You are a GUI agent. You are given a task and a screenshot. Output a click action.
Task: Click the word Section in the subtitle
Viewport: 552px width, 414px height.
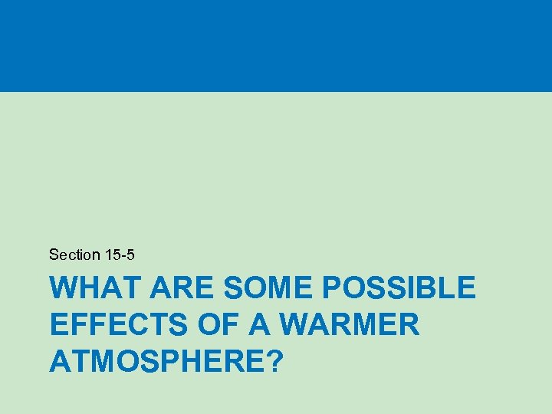point(74,254)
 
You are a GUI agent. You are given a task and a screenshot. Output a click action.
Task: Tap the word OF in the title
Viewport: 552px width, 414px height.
point(217,324)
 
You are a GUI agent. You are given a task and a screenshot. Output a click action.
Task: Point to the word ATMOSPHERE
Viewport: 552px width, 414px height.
point(154,360)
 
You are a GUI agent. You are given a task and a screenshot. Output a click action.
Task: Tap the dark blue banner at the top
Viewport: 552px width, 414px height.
point(276,46)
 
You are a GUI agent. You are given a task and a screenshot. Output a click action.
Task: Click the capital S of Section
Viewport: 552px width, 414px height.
point(53,254)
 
